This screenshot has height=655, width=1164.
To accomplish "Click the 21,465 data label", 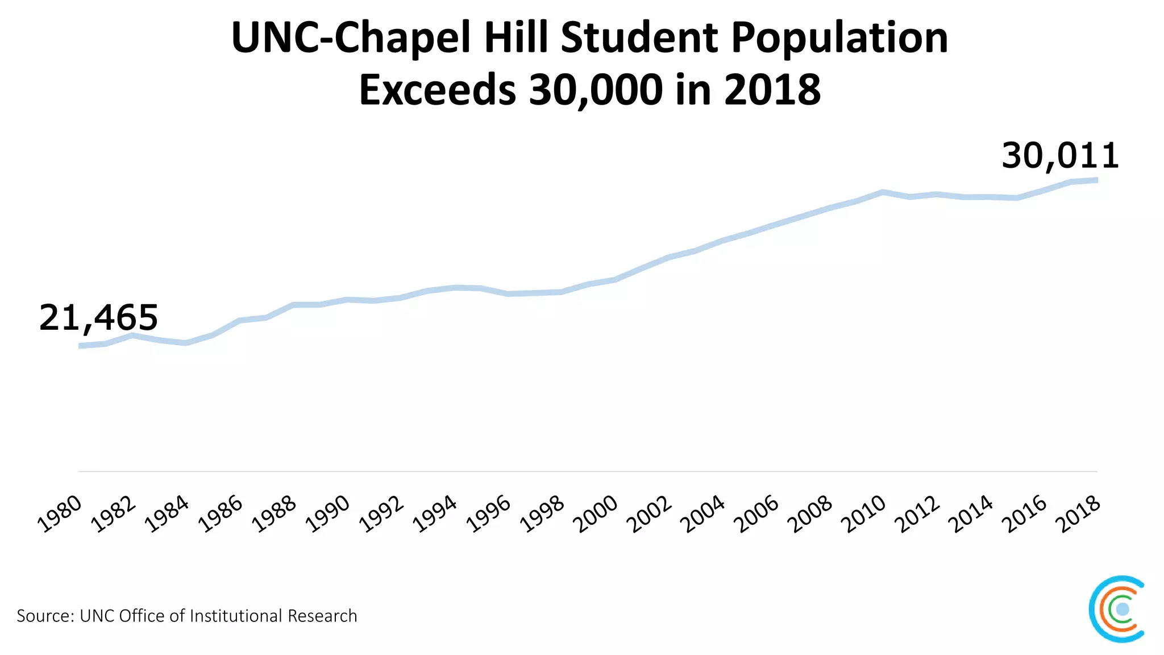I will pos(98,318).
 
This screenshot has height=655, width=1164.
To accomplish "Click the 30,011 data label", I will pos(1060,156).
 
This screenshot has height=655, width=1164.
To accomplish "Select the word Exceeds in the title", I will pos(437,90).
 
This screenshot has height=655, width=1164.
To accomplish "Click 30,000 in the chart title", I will pos(596,90).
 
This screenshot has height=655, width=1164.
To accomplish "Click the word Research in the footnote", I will pos(322,616).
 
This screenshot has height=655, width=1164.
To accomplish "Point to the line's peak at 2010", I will pos(883,192).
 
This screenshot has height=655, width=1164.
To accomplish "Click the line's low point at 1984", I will pos(186,343).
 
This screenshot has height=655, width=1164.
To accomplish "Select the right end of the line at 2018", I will pos(1096,180).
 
